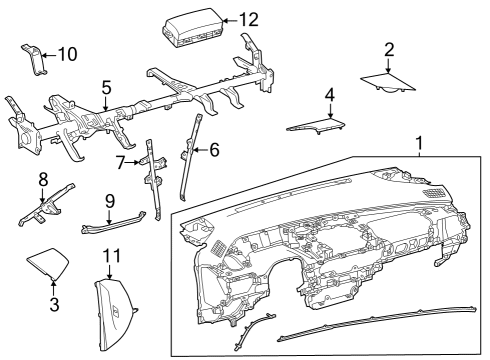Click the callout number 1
point(420,144)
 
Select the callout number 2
point(389,49)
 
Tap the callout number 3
point(53,303)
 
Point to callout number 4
point(329,95)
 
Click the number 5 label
point(106,88)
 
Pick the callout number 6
point(212,150)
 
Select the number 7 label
point(120,161)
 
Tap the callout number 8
point(43,179)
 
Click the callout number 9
point(110,200)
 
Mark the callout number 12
point(248,19)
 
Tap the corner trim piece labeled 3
point(51,265)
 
